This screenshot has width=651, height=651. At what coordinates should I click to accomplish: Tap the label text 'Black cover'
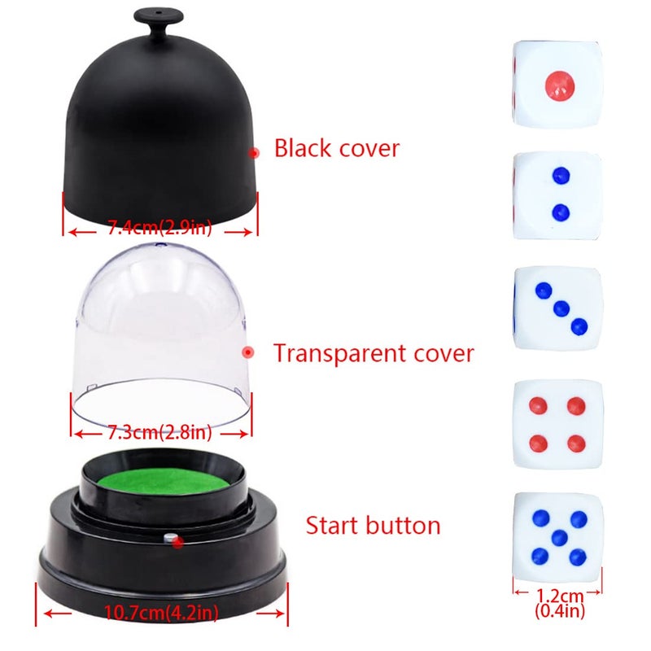pyautogui.click(x=336, y=148)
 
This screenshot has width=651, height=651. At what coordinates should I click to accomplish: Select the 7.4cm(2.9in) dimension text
pyautogui.click(x=159, y=229)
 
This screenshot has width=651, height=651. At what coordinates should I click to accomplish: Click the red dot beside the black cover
pyautogui.click(x=254, y=152)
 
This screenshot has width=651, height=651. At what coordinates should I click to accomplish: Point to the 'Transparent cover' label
pyautogui.click(x=373, y=354)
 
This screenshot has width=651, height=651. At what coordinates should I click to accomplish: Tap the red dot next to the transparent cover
pyautogui.click(x=248, y=352)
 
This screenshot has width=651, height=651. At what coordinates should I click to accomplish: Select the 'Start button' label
pyautogui.click(x=373, y=525)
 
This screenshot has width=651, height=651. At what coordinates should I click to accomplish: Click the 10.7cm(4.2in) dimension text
pyautogui.click(x=163, y=612)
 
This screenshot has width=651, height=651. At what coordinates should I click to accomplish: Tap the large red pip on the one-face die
pyautogui.click(x=559, y=84)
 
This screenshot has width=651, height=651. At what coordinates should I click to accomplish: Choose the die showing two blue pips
pyautogui.click(x=558, y=195)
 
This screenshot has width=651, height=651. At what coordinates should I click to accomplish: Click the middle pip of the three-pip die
pyautogui.click(x=558, y=308)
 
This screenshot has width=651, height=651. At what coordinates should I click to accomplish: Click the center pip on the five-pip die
pyautogui.click(x=558, y=537)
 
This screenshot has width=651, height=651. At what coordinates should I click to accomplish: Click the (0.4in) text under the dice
pyautogui.click(x=558, y=607)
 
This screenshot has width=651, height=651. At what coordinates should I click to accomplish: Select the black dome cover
pyautogui.click(x=159, y=122)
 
